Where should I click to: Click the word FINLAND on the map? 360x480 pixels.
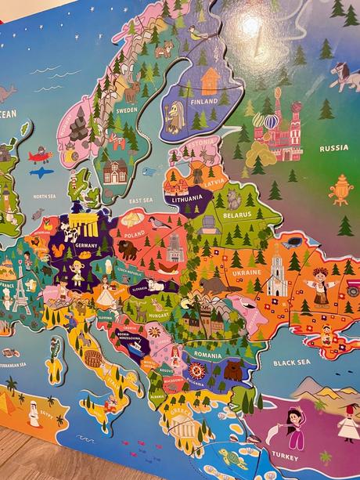204,101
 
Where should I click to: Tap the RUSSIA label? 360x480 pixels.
333,148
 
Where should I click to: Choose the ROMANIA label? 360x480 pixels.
208,355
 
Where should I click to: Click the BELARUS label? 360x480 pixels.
237,213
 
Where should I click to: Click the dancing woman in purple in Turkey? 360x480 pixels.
293,426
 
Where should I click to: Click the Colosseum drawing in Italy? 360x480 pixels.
93,359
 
